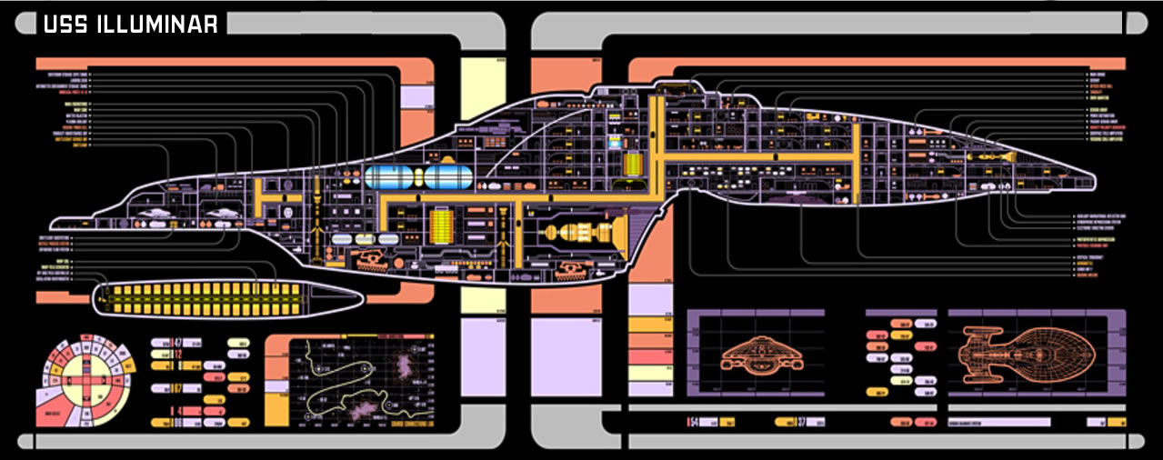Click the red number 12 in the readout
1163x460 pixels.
coord(178,355)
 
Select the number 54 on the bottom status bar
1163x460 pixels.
coord(693,423)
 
